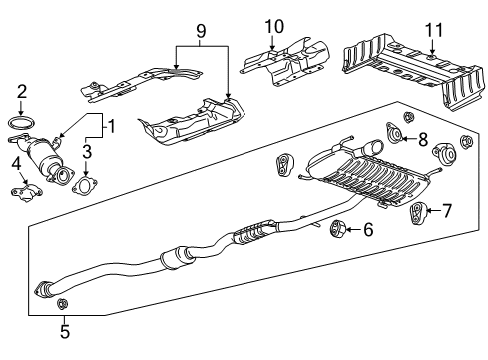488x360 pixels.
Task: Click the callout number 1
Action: (x=112, y=127)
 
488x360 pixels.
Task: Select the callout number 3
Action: (x=87, y=151)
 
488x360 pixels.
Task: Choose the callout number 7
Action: (x=447, y=211)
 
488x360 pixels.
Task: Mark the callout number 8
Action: (x=422, y=139)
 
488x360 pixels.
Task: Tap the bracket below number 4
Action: (x=24, y=187)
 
